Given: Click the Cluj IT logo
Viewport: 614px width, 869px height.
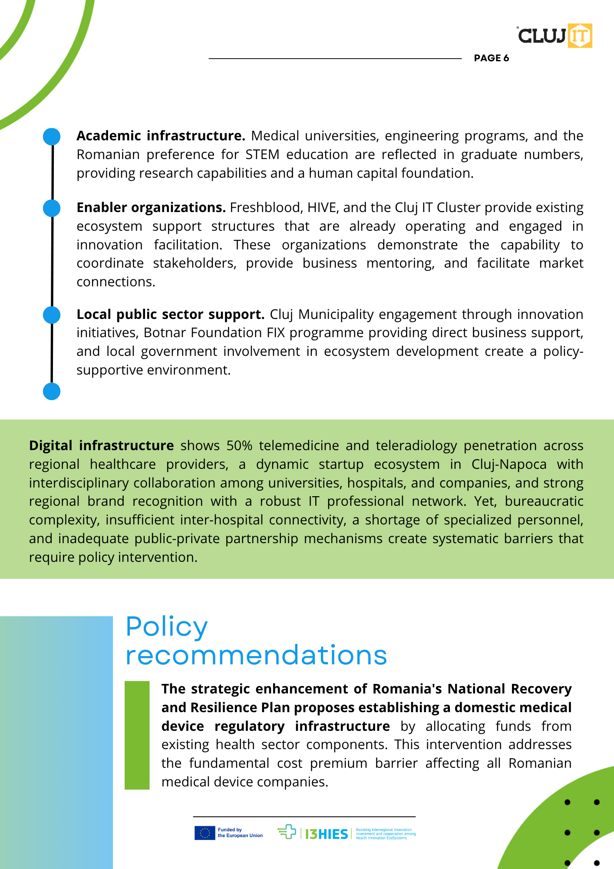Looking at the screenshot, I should tap(555, 36).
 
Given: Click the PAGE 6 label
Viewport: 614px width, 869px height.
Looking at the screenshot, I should tap(491, 58).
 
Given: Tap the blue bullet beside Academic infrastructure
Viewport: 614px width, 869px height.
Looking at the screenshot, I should tap(52, 136).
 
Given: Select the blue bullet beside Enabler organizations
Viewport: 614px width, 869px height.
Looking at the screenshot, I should tap(52, 208).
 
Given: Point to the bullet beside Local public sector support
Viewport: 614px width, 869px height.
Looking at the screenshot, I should tap(52, 315).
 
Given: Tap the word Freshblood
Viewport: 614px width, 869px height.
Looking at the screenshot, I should tap(265, 208).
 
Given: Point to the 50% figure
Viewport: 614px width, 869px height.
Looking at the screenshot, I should tap(239, 446).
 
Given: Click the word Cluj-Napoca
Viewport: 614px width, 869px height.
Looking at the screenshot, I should tap(509, 464).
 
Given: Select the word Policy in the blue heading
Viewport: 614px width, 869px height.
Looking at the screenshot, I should tap(167, 627).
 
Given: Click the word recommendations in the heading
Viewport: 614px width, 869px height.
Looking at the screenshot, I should tap(256, 655).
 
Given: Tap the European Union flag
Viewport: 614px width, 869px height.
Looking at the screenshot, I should tap(205, 833).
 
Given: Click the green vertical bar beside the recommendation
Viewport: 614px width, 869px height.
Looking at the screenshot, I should tap(137, 735).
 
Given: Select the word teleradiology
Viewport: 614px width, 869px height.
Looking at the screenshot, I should tap(416, 446).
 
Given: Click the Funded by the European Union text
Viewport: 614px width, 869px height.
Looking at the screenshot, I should tap(240, 833).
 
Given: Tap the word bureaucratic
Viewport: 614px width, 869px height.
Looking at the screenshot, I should tap(544, 501).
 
